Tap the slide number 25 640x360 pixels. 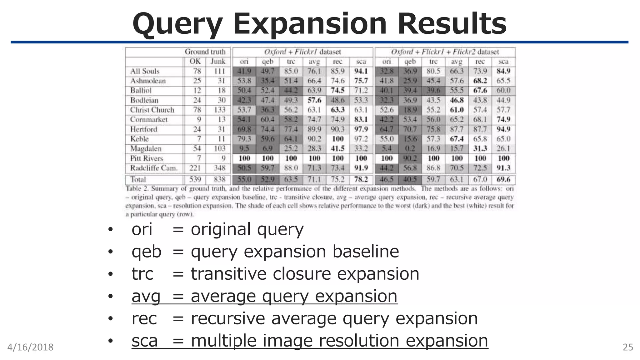tap(628, 347)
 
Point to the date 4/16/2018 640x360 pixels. tap(30, 347)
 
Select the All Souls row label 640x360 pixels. tap(145, 71)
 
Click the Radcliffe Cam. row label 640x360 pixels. tap(154, 168)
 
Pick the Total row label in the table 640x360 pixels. tap(138, 179)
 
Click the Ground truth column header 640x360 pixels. tap(205, 52)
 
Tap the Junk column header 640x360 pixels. tap(218, 62)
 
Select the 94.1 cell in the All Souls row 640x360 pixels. tap(361, 71)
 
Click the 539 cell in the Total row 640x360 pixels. tap(195, 179)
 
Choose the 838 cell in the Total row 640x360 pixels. tap(219, 179)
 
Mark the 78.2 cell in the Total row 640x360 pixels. tap(361, 179)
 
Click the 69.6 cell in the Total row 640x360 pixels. tap(503, 179)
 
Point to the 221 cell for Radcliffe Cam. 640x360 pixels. tap(195, 168)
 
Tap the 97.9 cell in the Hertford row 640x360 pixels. tap(361, 129)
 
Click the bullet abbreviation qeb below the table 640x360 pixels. tap(146, 252)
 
